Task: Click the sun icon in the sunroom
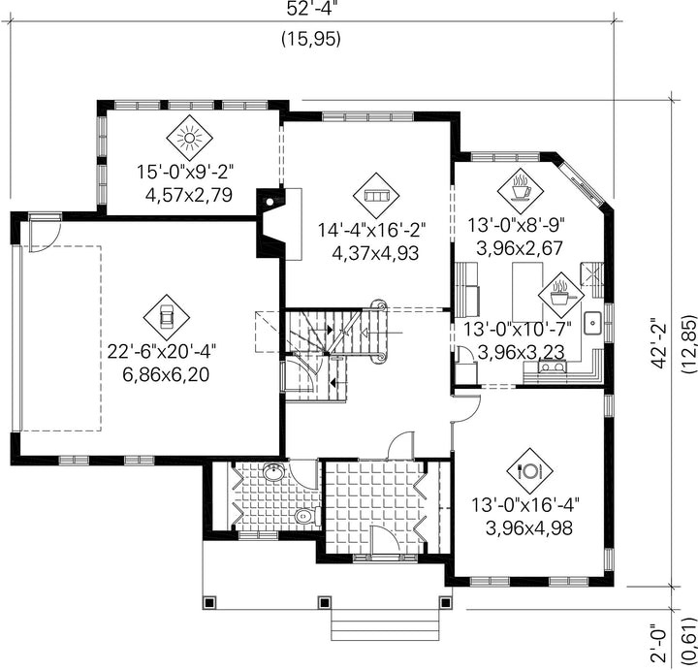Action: (190, 138)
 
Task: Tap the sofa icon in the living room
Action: (376, 196)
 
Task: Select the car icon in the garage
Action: (167, 317)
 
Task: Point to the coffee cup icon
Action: (521, 191)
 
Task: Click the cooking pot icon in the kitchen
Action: (560, 295)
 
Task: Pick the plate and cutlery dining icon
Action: (529, 470)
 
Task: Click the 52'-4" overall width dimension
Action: (309, 9)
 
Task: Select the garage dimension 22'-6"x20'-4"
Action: (162, 352)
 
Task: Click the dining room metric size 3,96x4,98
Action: (529, 528)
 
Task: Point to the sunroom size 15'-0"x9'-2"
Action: (185, 172)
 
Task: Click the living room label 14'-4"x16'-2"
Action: (371, 231)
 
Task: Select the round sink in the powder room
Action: (273, 472)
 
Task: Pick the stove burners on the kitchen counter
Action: (553, 367)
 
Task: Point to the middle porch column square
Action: (324, 602)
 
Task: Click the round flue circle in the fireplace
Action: (270, 202)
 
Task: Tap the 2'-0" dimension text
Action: (660, 643)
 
